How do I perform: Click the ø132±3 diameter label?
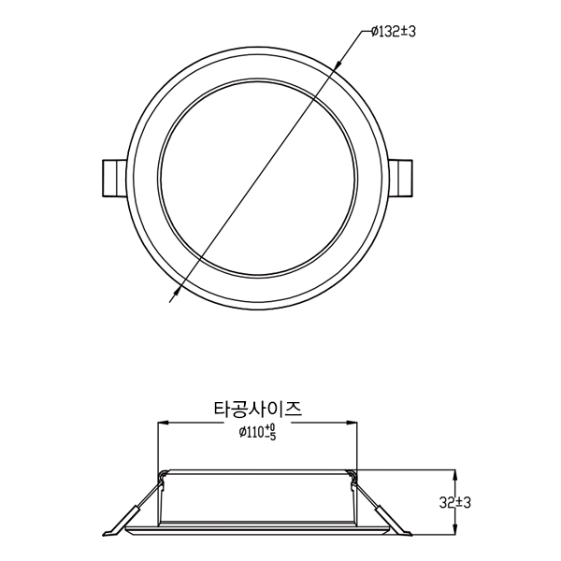tap(394, 32)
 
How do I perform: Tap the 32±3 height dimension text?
tap(454, 503)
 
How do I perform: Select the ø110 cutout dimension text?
tap(258, 431)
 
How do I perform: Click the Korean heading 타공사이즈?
tap(258, 409)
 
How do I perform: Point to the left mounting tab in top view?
tap(114, 178)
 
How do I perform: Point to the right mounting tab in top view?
tap(400, 178)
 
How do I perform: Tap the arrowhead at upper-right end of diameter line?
tap(337, 65)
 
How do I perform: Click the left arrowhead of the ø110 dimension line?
tap(163, 423)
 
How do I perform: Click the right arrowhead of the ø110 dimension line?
tap(352, 423)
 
